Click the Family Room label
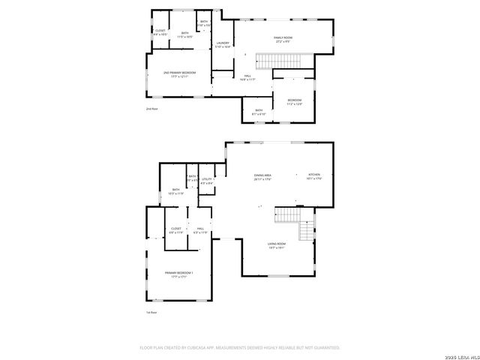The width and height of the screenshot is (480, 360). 283,37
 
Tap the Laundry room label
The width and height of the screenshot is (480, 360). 223,43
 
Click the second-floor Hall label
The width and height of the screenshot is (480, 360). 247,76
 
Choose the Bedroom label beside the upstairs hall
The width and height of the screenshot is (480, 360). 295,100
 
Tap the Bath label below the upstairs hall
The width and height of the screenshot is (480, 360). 259,111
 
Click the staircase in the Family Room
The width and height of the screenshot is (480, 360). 277,60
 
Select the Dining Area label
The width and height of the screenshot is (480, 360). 262,175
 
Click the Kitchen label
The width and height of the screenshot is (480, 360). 313,175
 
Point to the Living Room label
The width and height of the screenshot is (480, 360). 277,244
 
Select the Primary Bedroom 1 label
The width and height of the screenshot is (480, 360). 179,273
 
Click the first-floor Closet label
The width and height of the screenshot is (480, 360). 175,229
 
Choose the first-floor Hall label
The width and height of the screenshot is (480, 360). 200,229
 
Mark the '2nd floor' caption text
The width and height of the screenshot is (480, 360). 152,109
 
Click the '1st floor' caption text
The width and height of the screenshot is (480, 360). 152,312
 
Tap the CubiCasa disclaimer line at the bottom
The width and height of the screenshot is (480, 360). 240,347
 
